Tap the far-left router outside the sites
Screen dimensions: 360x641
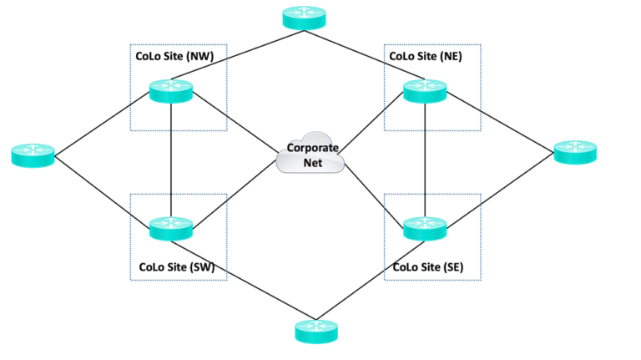(x=33, y=155)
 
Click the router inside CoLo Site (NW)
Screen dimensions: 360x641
(x=171, y=91)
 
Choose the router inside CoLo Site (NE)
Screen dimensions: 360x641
(x=425, y=91)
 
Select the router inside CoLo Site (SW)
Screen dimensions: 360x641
(x=171, y=227)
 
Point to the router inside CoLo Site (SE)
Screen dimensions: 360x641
(x=425, y=227)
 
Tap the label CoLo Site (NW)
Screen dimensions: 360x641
(x=174, y=57)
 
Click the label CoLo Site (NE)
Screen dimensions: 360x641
(x=426, y=57)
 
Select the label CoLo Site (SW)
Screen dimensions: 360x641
(x=177, y=266)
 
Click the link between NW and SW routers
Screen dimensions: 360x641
(x=171, y=159)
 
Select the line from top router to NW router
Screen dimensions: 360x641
(x=238, y=54)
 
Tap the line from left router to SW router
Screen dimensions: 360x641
(x=100, y=190)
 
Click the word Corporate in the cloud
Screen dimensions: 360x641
(x=312, y=147)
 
